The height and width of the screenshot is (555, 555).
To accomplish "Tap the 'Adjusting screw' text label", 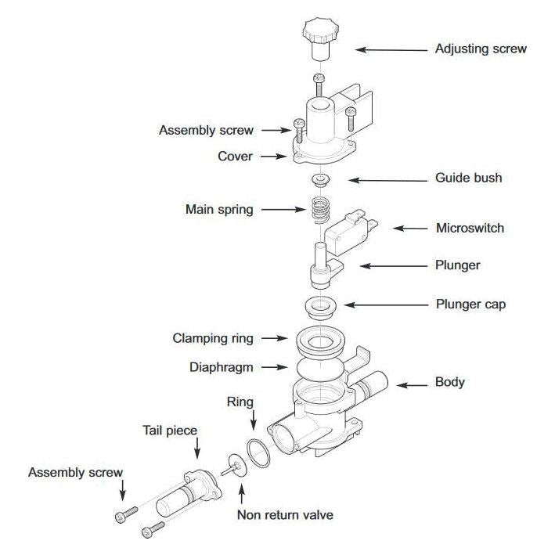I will pos(481,49).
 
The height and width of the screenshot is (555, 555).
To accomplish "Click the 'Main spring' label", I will pos(219,209).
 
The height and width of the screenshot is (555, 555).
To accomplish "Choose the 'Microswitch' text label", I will pos(470,229).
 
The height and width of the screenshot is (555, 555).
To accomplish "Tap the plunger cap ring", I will pos(318,305).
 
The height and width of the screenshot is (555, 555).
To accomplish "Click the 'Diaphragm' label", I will pos(222,366).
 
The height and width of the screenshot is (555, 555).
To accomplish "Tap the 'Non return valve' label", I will pos(285,515).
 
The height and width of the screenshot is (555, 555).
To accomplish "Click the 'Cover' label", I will pos(235,157).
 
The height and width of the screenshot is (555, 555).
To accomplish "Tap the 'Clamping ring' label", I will pos(213,339).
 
